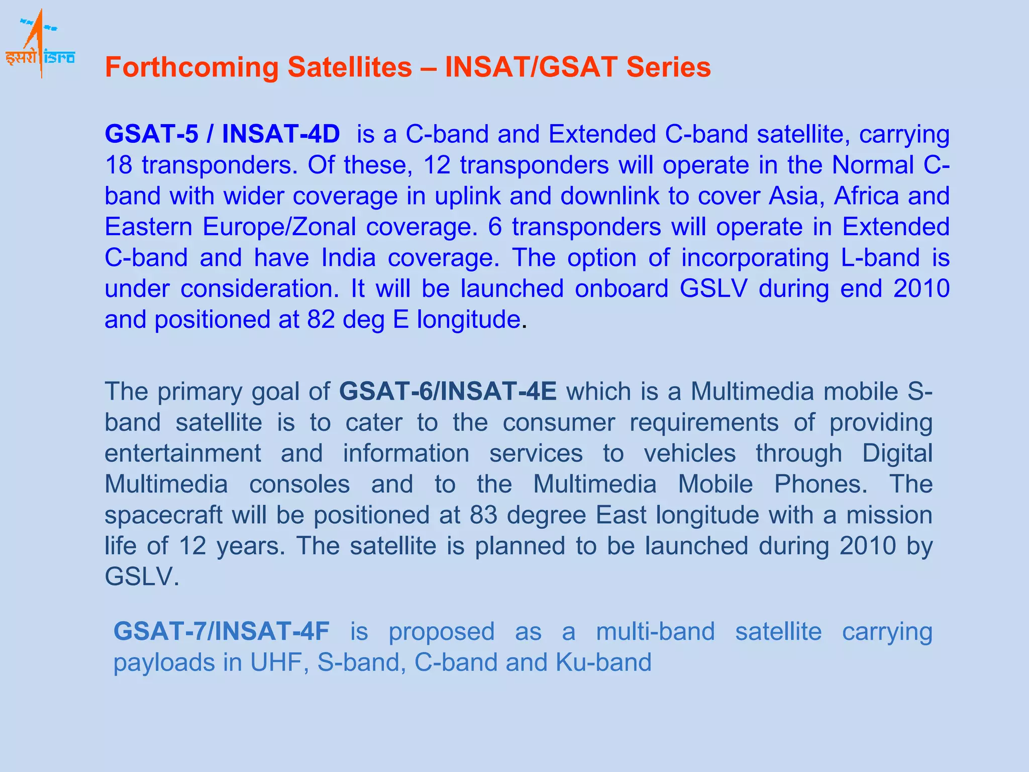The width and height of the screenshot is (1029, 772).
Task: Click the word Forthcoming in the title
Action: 191,67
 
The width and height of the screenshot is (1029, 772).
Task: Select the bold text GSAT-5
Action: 151,134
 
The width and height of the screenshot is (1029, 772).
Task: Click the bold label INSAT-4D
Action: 281,134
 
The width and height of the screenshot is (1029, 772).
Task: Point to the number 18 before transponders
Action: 118,165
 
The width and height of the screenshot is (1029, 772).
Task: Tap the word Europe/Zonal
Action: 279,227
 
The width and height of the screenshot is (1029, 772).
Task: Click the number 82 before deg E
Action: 321,320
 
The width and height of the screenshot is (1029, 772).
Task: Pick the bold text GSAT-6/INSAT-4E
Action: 448,392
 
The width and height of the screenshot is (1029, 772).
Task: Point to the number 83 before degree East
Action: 483,515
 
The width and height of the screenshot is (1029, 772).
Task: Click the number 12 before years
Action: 192,546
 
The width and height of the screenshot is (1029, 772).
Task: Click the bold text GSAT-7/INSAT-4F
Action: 222,632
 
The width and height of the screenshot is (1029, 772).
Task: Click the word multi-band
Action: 655,632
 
